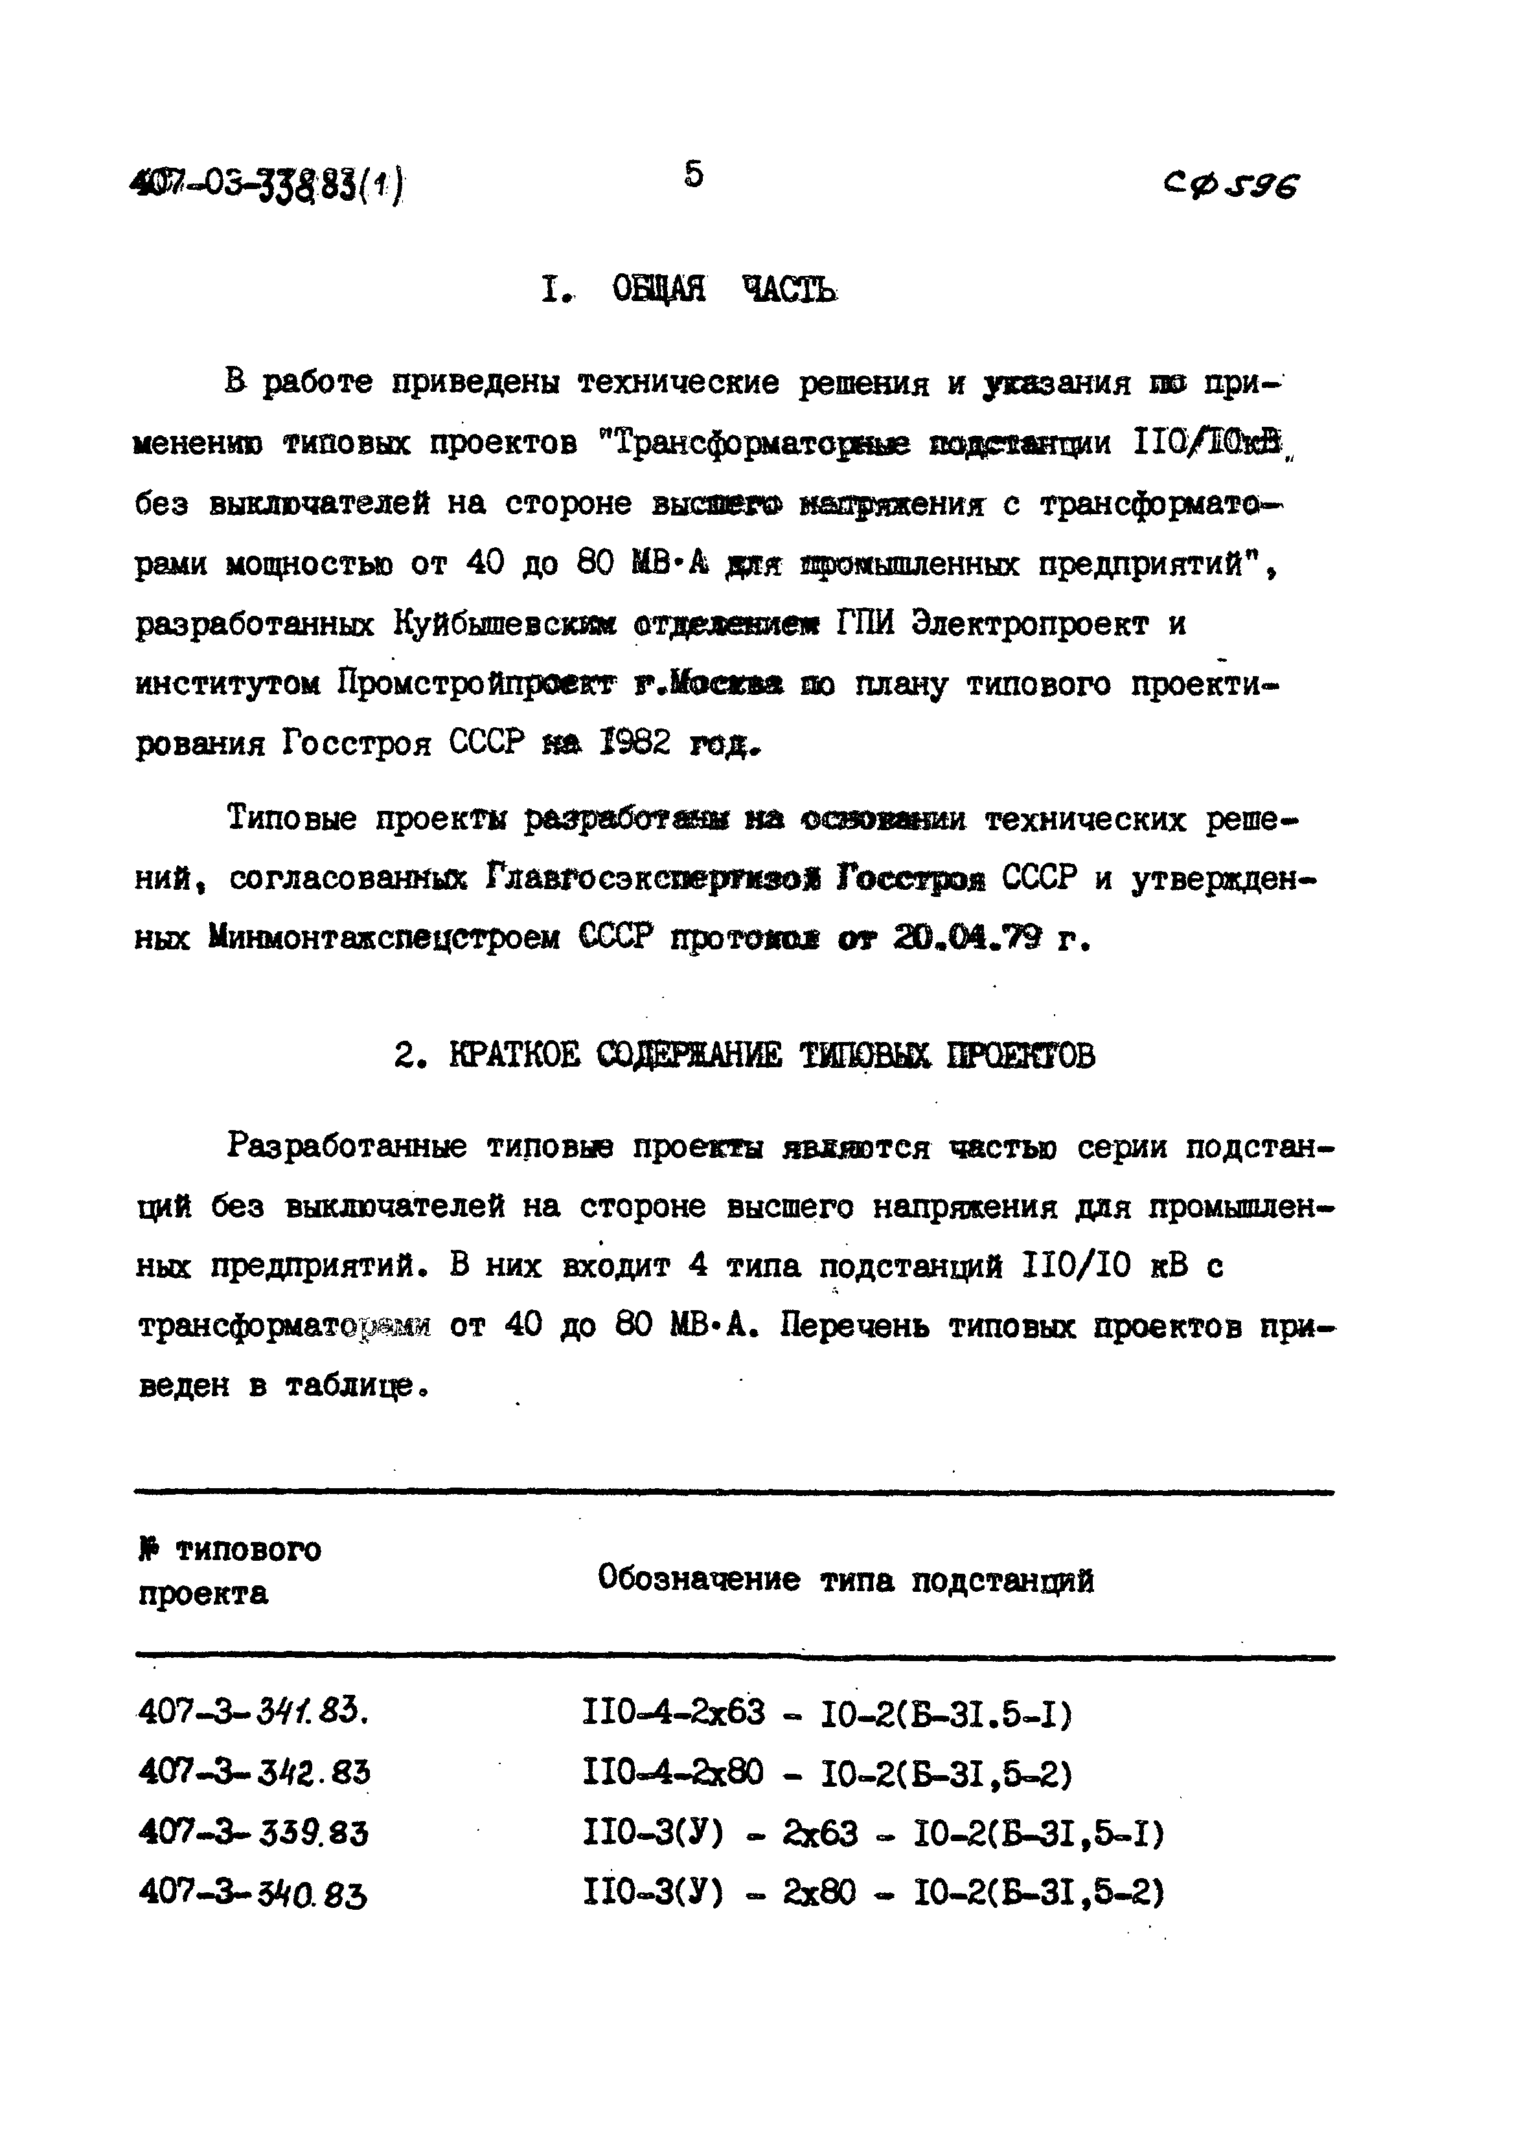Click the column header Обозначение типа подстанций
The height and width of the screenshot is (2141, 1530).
(x=845, y=1579)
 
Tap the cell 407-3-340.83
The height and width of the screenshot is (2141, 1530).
(x=253, y=1893)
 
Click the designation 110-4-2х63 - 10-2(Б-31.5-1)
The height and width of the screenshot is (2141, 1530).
(x=827, y=1712)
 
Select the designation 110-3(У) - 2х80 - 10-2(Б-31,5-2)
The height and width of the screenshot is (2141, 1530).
(x=873, y=1892)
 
